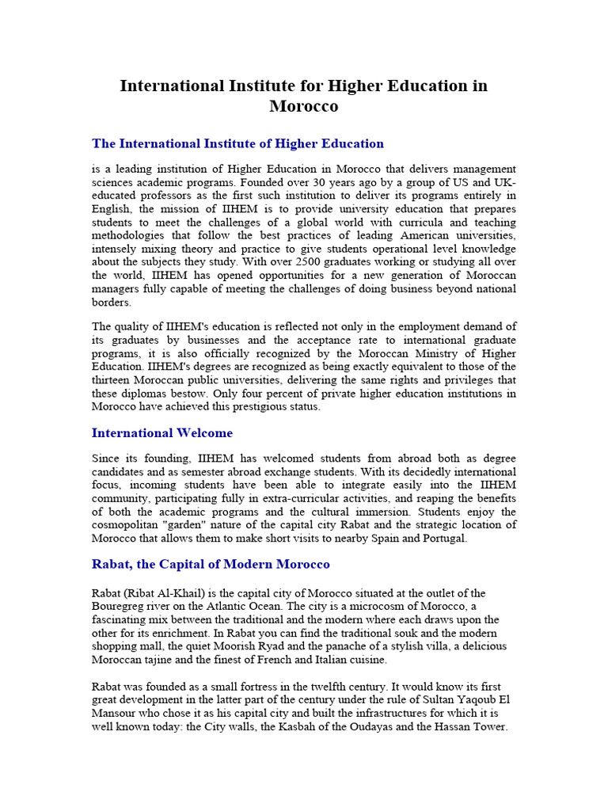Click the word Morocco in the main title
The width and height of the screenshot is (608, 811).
(303, 106)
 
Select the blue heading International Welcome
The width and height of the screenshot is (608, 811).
(162, 432)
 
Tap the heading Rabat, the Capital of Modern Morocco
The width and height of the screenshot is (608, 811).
(211, 564)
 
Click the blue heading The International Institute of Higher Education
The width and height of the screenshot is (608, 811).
(237, 143)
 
